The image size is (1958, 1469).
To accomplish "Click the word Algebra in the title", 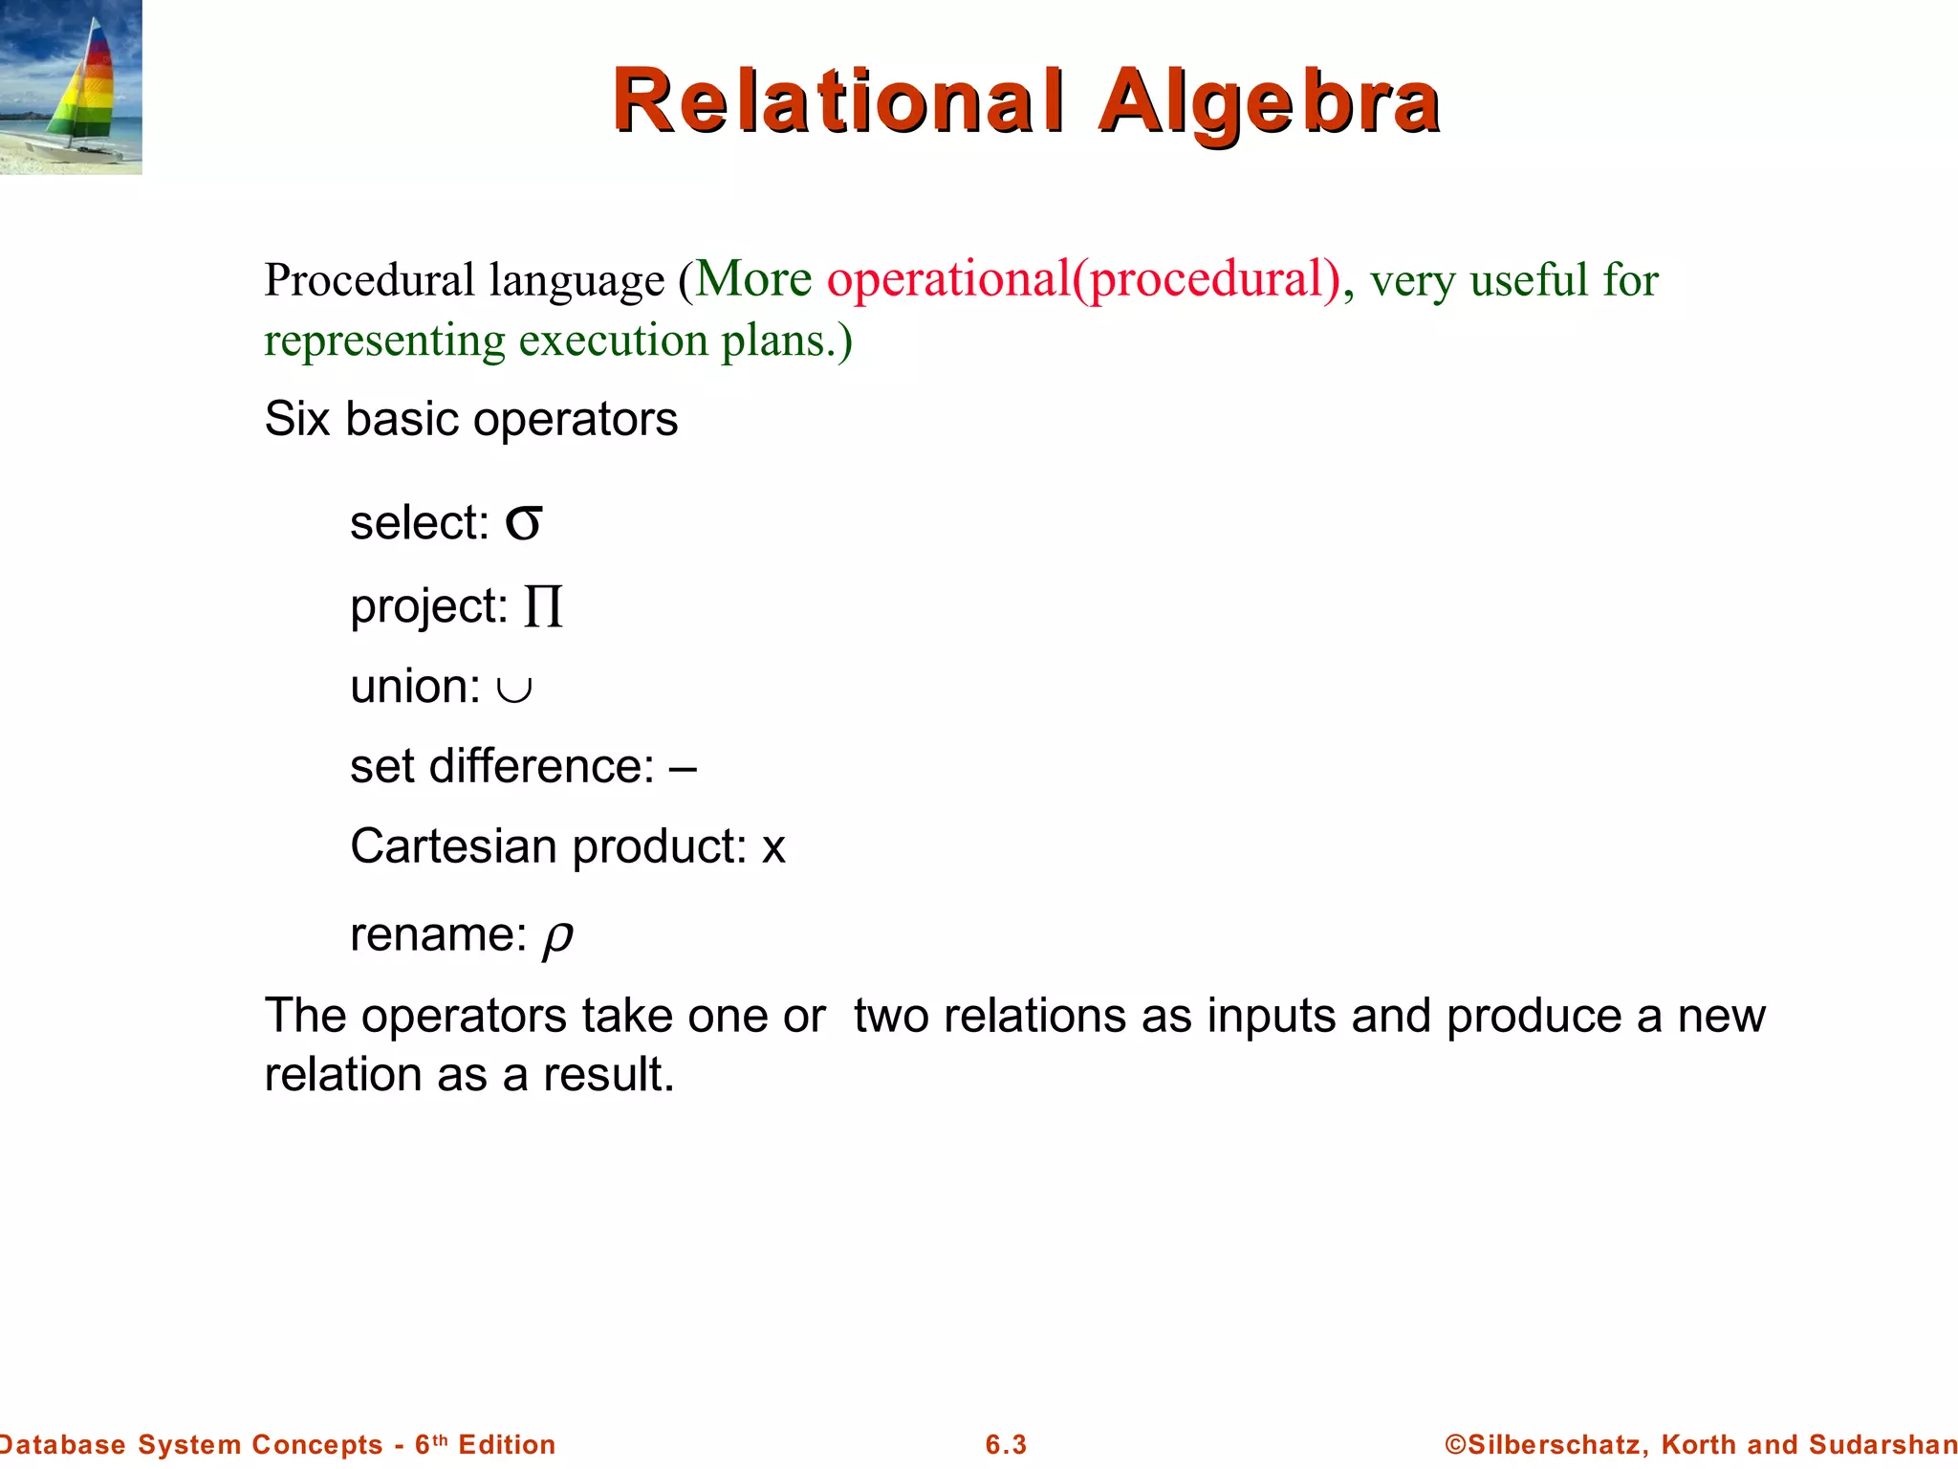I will [1269, 103].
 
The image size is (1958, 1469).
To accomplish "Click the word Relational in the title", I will [838, 101].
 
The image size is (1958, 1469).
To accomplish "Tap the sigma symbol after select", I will [524, 523].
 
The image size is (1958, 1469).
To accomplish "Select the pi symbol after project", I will [543, 606].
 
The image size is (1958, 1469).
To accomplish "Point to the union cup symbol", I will [514, 689].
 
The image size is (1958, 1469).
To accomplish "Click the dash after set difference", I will [683, 767].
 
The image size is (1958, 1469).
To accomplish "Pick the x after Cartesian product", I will [773, 848].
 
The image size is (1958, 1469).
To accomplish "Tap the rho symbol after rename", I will [557, 937].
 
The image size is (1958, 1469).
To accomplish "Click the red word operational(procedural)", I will [1084, 279].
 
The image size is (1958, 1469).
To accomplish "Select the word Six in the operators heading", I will [296, 419].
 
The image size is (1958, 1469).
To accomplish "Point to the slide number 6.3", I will [1006, 1444].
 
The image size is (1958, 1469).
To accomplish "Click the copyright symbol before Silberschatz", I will [1455, 1444].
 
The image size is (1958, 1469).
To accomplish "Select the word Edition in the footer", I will [507, 1444].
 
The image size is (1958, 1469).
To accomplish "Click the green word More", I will [753, 279].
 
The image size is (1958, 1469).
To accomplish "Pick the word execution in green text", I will [614, 340].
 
